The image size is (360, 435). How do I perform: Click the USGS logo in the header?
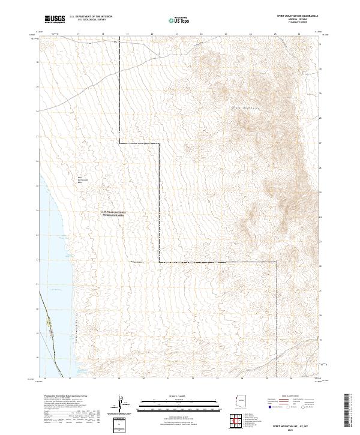point(55,20)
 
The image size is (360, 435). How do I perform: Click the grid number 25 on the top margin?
point(275,35)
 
